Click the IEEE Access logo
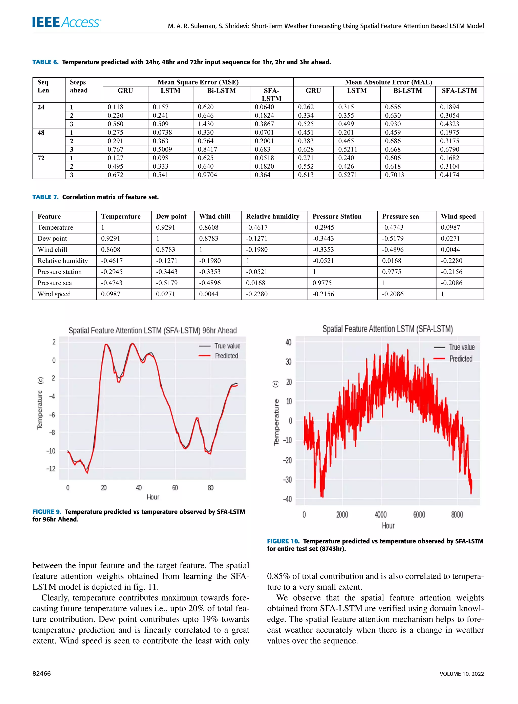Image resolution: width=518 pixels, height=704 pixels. (x=66, y=22)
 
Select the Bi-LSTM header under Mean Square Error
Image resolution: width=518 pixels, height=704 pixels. (x=221, y=91)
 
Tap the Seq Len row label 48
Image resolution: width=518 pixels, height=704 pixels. (x=41, y=132)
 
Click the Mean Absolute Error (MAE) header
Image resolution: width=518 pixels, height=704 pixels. (x=388, y=82)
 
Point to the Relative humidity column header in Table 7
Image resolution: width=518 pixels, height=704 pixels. (x=272, y=216)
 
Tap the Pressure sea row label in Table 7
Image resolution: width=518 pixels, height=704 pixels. (x=55, y=283)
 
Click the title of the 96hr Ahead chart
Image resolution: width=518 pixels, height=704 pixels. (x=152, y=330)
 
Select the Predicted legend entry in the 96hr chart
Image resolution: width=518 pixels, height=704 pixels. (x=226, y=356)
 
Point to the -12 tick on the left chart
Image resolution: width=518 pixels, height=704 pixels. (x=51, y=469)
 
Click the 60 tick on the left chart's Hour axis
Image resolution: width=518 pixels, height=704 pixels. (x=175, y=488)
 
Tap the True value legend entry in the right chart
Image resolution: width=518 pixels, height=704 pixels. (x=462, y=347)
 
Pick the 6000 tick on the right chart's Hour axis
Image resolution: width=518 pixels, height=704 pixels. (x=419, y=515)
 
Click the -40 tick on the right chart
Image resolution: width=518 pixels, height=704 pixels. (x=287, y=499)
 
